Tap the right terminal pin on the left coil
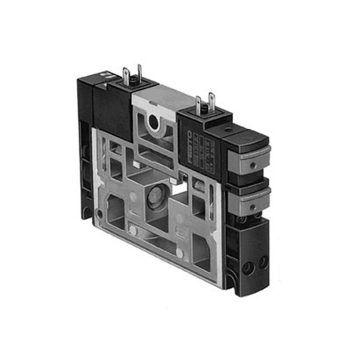point(139,72)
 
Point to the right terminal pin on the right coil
point(211,101)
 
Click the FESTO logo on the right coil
point(190,146)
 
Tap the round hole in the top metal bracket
point(153,122)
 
